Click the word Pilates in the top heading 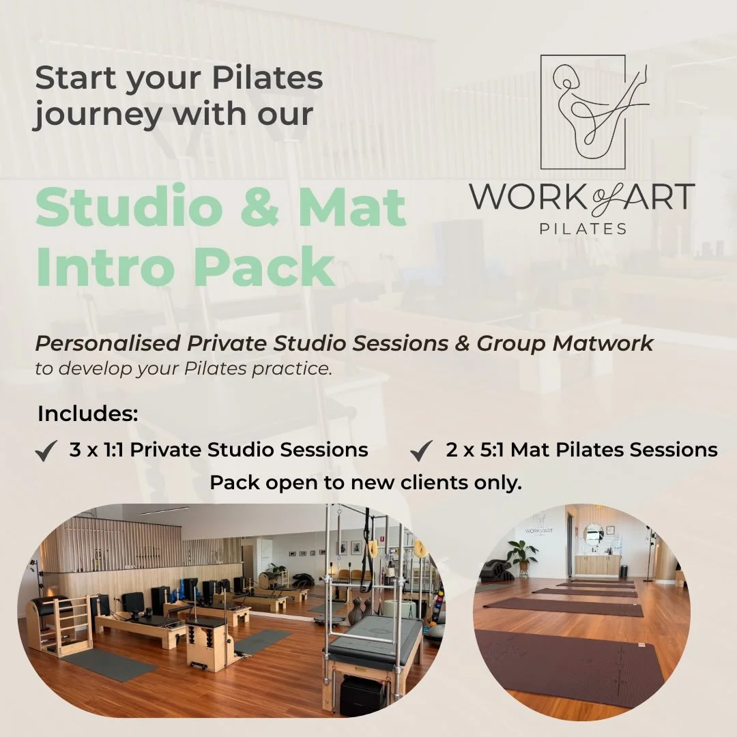(x=268, y=80)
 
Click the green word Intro (x=106, y=267)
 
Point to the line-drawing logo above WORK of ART (x=592, y=112)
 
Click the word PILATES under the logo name (x=583, y=229)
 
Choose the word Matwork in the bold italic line (x=603, y=343)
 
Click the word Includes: (x=88, y=414)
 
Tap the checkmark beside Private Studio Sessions (x=46, y=452)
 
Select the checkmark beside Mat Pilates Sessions (x=422, y=452)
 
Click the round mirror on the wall (x=594, y=534)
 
